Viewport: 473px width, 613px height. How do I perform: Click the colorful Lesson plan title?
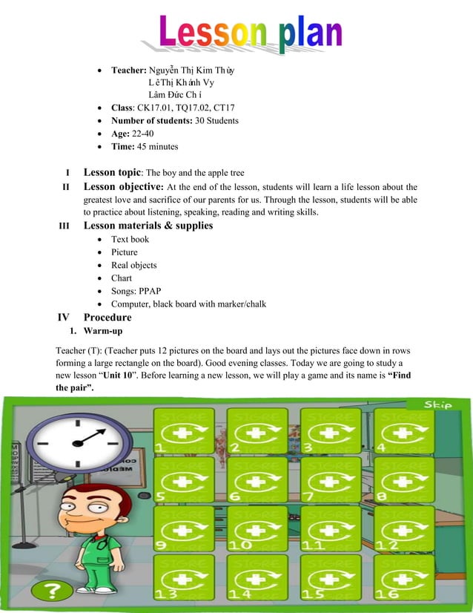click(x=251, y=33)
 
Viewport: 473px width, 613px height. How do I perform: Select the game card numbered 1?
click(x=183, y=431)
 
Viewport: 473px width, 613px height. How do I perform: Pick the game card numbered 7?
click(x=330, y=479)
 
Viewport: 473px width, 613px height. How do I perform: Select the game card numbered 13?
click(x=183, y=579)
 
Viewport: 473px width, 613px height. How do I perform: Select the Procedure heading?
click(x=107, y=318)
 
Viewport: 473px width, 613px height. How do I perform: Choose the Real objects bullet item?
click(x=133, y=265)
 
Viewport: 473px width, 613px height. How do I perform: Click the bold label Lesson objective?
click(x=124, y=186)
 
